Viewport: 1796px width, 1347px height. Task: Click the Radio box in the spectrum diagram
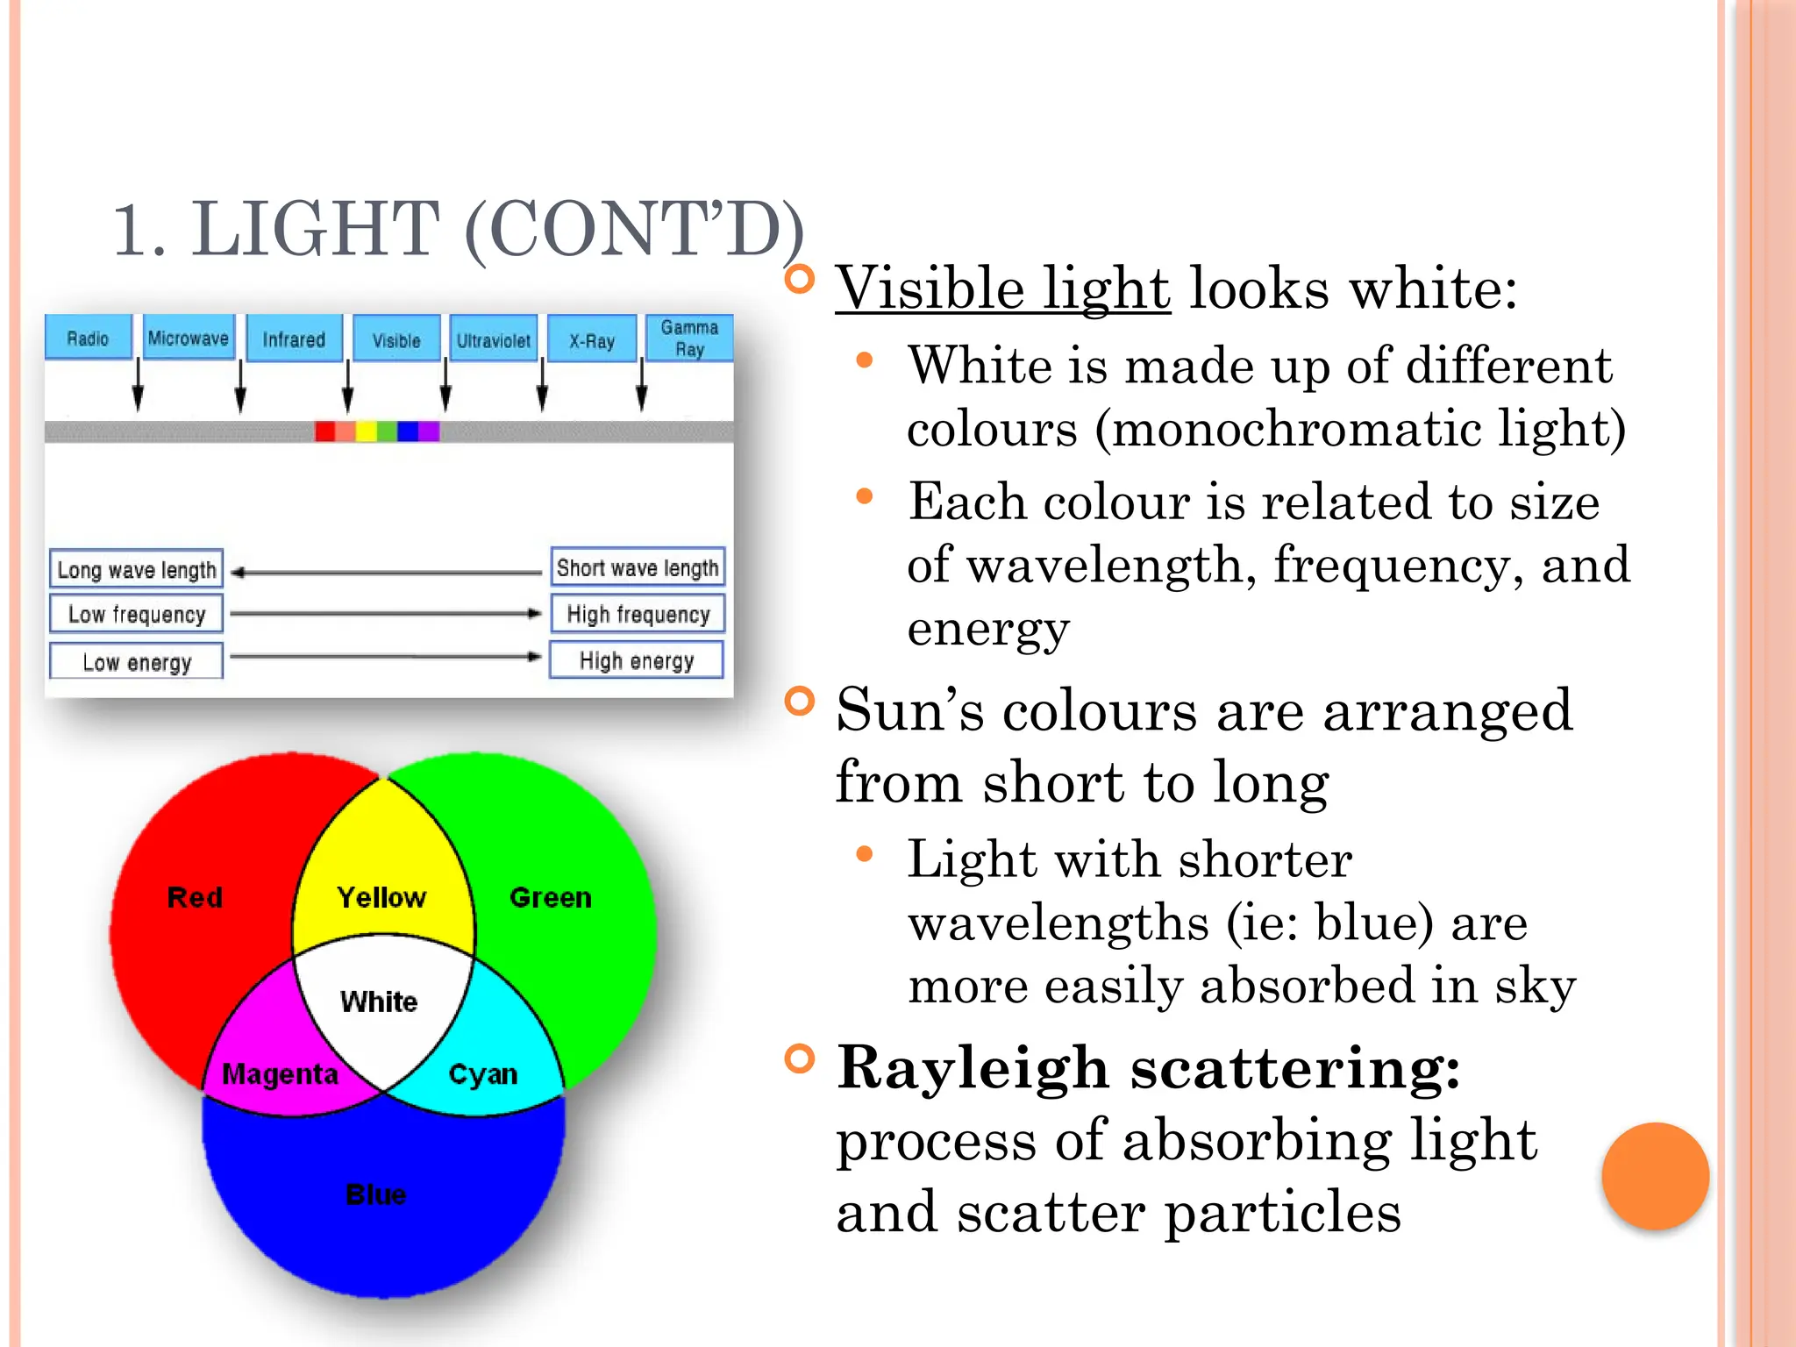pyautogui.click(x=88, y=339)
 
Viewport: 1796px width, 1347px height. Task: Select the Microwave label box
pyautogui.click(x=189, y=339)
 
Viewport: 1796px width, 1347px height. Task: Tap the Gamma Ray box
pyautogui.click(x=689, y=339)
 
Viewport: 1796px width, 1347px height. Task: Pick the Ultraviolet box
pyautogui.click(x=493, y=340)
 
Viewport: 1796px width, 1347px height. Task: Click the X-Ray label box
pyautogui.click(x=592, y=340)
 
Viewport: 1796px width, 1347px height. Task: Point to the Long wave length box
pyautogui.click(x=137, y=570)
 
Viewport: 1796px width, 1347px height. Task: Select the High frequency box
pyautogui.click(x=638, y=614)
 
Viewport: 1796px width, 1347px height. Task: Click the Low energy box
pyautogui.click(x=137, y=662)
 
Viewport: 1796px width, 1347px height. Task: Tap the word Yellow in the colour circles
pyautogui.click(x=381, y=897)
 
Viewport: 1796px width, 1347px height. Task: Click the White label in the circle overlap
pyautogui.click(x=379, y=1001)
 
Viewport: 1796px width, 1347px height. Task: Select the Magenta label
pyautogui.click(x=280, y=1073)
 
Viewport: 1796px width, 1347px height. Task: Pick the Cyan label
pyautogui.click(x=482, y=1073)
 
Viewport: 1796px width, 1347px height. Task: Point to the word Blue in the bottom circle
pyautogui.click(x=376, y=1194)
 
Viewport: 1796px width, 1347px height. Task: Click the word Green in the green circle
pyautogui.click(x=551, y=897)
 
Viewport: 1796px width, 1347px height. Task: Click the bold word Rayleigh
pyautogui.click(x=973, y=1068)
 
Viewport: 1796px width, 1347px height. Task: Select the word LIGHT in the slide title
pyautogui.click(x=316, y=230)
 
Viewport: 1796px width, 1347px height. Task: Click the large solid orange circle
pyautogui.click(x=1655, y=1176)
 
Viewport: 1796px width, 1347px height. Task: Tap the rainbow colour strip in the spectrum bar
pyautogui.click(x=377, y=431)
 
